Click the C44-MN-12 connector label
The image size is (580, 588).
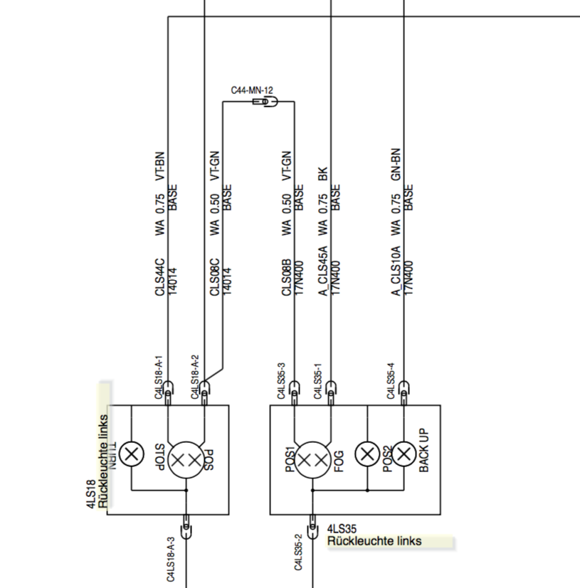252,91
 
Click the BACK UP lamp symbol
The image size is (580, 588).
404,454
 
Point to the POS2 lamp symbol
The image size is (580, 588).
367,454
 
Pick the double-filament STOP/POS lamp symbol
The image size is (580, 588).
186,461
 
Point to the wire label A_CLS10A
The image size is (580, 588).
396,271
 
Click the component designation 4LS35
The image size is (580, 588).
342,529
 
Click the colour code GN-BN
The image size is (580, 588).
396,166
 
